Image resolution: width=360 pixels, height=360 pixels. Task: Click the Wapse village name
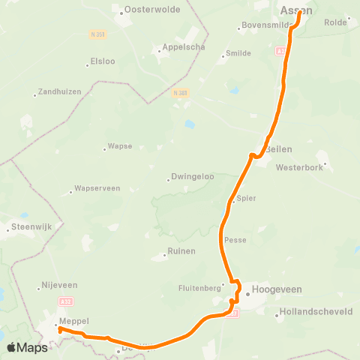(120, 148)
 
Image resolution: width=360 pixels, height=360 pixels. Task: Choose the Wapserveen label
(94, 190)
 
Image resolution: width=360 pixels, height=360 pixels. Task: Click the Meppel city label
(73, 320)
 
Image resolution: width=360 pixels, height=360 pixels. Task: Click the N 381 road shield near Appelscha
(179, 92)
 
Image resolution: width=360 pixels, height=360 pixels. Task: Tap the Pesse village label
(235, 240)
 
